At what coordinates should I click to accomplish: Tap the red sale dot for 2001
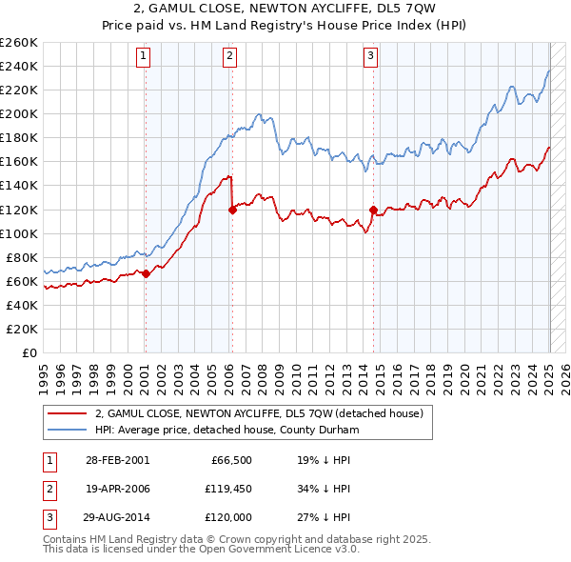tap(146, 273)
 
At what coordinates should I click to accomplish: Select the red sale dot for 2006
tap(232, 211)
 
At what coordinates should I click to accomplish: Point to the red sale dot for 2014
tap(373, 210)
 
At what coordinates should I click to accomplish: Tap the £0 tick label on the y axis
tap(29, 352)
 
